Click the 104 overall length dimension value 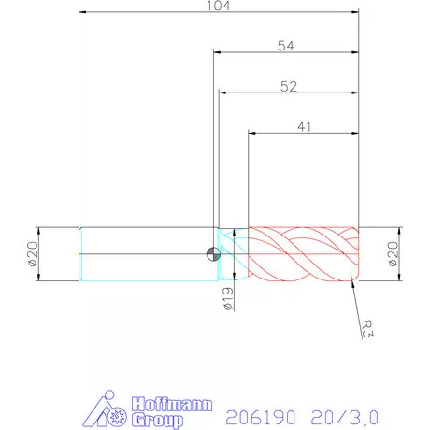coord(219,6)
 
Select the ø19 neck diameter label coord(227,298)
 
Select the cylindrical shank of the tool coord(145,253)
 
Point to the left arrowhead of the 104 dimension coord(83,14)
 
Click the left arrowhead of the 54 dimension coord(218,53)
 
